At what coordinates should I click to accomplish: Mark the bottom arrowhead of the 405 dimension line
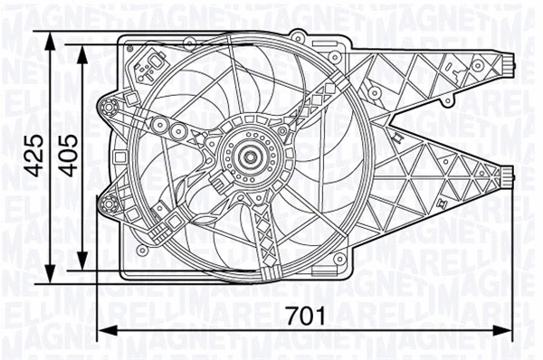click(84, 261)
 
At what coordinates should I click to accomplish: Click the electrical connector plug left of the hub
click(217, 180)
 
